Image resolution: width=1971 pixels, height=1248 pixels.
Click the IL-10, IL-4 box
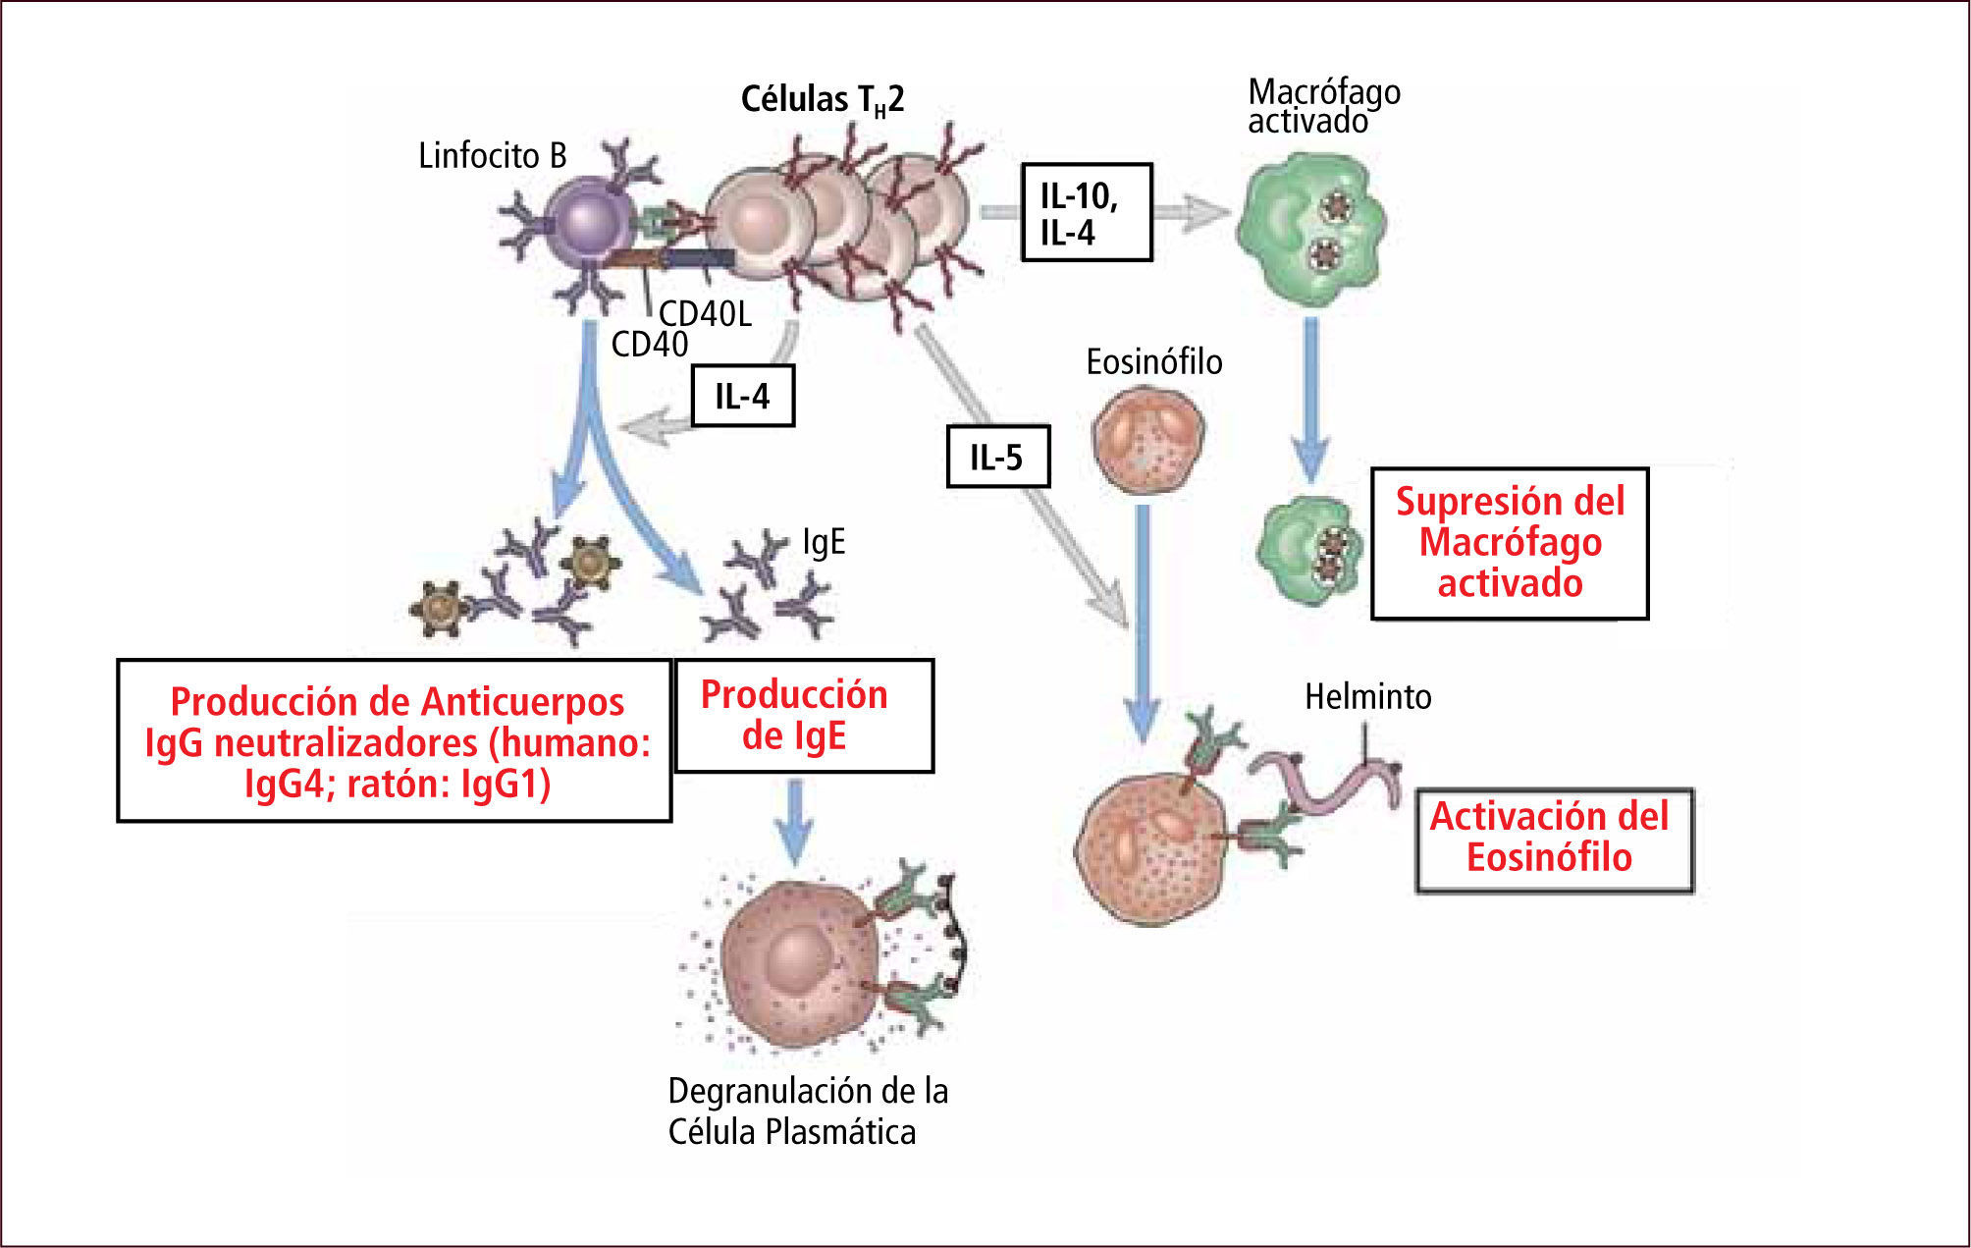(x=1086, y=212)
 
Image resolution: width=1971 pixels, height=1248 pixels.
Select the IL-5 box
(x=997, y=457)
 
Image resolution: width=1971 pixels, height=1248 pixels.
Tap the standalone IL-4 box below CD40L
(x=742, y=396)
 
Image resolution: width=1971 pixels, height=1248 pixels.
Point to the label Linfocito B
(x=492, y=155)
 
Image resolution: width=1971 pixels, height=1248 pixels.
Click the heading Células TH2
(x=822, y=99)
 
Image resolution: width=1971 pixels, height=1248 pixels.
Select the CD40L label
(x=705, y=313)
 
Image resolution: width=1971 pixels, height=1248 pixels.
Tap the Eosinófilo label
(x=1153, y=362)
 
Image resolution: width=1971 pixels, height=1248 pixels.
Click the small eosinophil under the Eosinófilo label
(x=1147, y=437)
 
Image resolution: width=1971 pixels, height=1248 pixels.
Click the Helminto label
(x=1367, y=696)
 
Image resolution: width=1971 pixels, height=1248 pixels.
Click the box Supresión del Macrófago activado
(x=1509, y=543)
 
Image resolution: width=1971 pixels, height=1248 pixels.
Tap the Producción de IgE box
(x=803, y=715)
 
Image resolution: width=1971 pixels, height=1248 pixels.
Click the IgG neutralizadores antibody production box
(x=395, y=740)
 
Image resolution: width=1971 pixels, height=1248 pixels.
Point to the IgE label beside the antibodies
(x=824, y=542)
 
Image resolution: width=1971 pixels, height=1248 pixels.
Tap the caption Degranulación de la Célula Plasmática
(x=807, y=1111)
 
